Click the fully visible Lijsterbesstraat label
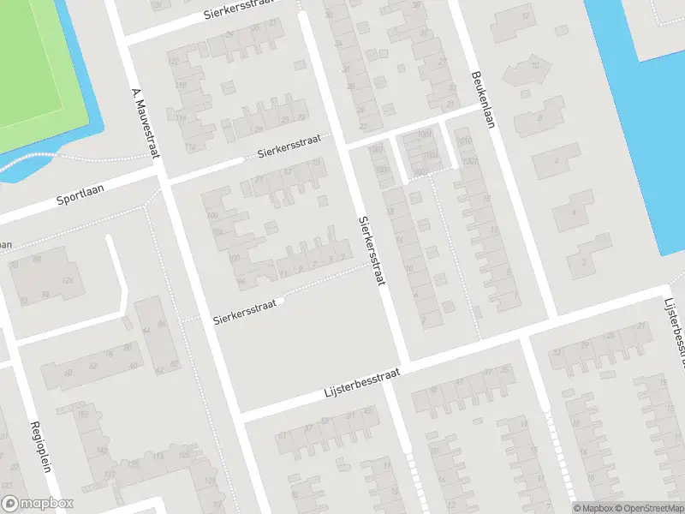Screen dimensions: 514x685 pyautogui.click(x=363, y=383)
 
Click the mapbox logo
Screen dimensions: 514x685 pyautogui.click(x=38, y=504)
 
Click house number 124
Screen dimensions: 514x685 pyautogui.click(x=67, y=281)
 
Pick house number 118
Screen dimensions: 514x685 pyautogui.click(x=181, y=84)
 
